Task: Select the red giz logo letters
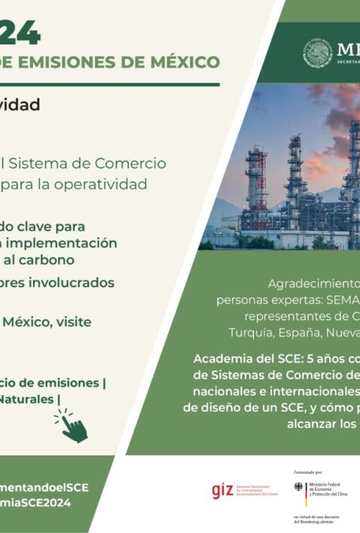pos(222,490)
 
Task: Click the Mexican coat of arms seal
pos(317,53)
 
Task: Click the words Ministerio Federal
pos(329,485)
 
